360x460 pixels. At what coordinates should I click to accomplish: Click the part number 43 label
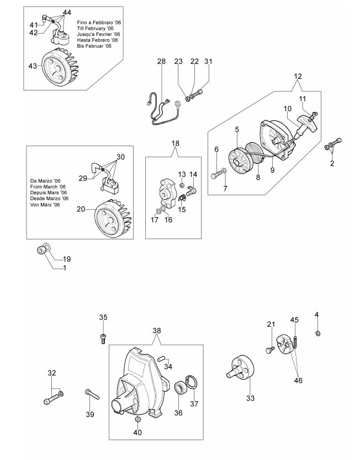coord(32,66)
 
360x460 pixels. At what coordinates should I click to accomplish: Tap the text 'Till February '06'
coord(95,29)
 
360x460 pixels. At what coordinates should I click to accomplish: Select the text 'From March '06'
coord(48,187)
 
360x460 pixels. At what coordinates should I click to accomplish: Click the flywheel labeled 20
coord(113,217)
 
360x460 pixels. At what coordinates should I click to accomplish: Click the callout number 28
coord(161,61)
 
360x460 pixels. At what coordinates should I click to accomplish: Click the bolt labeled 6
coord(216,173)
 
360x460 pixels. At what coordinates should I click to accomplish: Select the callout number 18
coord(175,143)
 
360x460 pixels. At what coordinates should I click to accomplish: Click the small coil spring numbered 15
coord(182,198)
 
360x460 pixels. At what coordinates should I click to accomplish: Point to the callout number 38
coord(157,330)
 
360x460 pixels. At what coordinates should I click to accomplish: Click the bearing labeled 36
coord(181,388)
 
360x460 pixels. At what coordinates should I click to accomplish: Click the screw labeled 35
coord(103,339)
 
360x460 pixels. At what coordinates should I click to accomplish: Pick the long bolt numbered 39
coord(93,394)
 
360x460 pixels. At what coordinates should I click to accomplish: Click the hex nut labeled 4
coord(317,333)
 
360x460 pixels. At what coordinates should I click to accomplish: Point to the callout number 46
coord(298,381)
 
